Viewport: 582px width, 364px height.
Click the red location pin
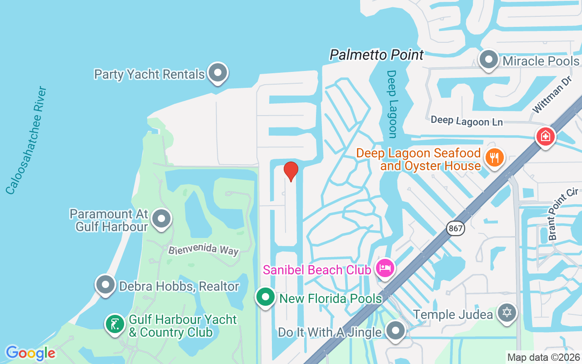click(x=291, y=171)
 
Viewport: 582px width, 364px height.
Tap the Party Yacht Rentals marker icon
click(x=218, y=72)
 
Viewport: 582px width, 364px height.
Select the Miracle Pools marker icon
click(x=489, y=60)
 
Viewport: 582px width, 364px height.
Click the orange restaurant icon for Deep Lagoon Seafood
click(x=493, y=157)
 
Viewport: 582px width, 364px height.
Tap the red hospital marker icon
click(x=545, y=136)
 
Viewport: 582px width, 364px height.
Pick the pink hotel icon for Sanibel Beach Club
click(x=385, y=268)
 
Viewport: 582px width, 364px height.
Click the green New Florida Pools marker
click(x=265, y=298)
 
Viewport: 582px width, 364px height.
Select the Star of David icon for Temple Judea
click(x=507, y=313)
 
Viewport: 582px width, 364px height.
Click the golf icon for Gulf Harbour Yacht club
click(x=115, y=324)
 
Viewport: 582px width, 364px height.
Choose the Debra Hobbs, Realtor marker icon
click(x=105, y=285)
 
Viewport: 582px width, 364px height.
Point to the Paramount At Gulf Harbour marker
click(x=161, y=219)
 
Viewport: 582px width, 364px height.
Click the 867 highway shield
click(x=456, y=228)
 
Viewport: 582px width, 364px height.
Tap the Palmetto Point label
click(x=376, y=55)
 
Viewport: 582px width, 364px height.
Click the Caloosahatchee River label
click(x=26, y=140)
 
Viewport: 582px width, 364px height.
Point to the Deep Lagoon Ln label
click(x=467, y=121)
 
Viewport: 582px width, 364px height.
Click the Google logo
click(x=30, y=353)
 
